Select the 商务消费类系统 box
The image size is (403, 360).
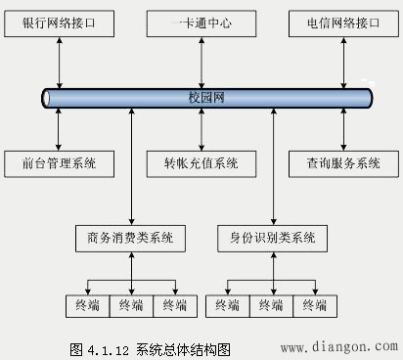[130, 237]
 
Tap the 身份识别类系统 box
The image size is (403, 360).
[272, 237]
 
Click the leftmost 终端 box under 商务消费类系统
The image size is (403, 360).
[86, 306]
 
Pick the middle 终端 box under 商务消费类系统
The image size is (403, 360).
[131, 306]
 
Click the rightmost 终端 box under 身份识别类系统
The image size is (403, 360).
[315, 306]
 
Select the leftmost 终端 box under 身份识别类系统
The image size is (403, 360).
[228, 306]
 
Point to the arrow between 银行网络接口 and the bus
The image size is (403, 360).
[60, 61]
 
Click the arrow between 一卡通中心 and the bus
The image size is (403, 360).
[201, 61]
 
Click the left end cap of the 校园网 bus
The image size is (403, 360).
[46, 98]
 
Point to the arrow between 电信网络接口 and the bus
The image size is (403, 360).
[342, 61]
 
